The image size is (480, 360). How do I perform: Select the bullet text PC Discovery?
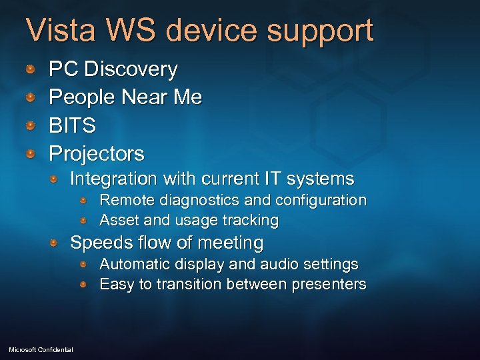click(113, 69)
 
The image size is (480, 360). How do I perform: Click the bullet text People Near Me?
click(125, 97)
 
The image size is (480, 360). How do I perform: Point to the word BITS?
click(73, 125)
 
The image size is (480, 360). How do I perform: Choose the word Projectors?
click(97, 154)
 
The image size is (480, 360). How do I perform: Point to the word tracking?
click(251, 220)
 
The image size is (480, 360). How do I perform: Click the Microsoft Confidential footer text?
click(41, 350)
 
